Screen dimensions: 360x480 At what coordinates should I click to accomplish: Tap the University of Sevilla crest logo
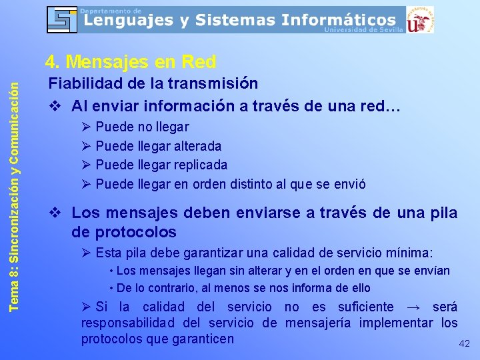pos(420,19)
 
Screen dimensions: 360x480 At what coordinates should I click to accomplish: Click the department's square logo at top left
pos(62,19)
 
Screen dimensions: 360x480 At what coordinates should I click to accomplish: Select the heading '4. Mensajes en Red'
pos(131,62)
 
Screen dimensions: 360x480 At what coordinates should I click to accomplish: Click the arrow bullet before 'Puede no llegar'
pos(86,127)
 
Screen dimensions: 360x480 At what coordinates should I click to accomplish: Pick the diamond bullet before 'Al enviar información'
pos(57,107)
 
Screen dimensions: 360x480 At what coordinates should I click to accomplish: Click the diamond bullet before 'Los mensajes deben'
pos(57,213)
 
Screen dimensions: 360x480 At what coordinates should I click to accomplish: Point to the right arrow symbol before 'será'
pos(413,307)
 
